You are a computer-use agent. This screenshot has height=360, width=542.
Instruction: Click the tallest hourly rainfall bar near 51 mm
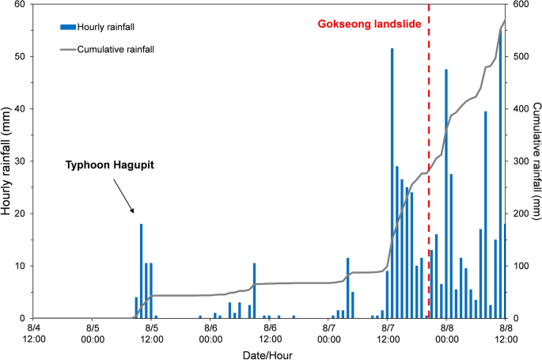[x=392, y=182]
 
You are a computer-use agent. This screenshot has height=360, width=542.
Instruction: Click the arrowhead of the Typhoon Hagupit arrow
[x=133, y=211]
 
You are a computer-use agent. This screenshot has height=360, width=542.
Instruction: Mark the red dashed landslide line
[x=429, y=158]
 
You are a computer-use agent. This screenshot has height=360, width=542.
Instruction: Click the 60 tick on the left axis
[x=21, y=5]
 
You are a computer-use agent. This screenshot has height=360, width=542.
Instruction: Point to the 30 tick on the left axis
[x=21, y=161]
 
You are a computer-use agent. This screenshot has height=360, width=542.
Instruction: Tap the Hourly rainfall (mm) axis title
[x=7, y=161]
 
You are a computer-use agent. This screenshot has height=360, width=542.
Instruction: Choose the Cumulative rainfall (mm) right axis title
[x=536, y=161]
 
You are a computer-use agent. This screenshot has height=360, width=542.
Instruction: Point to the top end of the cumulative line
[x=505, y=20]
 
